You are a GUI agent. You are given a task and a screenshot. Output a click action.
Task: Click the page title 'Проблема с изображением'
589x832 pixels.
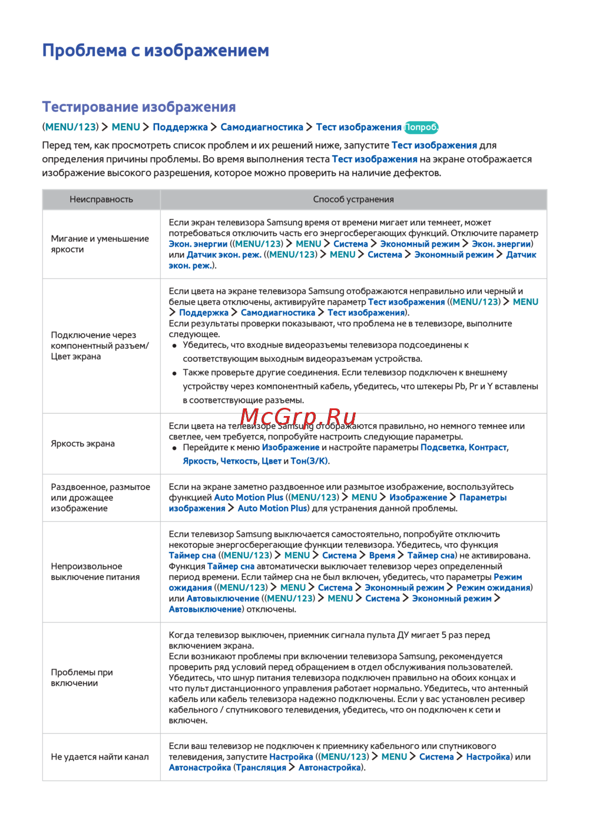(155, 51)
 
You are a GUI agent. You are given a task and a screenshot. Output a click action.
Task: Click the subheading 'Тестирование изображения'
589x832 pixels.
(139, 107)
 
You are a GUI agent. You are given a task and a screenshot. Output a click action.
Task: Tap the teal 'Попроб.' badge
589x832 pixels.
(422, 127)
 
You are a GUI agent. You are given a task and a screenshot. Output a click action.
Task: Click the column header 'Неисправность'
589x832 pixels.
(101, 199)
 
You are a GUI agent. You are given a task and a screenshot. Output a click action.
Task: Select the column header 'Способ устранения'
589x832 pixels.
(353, 199)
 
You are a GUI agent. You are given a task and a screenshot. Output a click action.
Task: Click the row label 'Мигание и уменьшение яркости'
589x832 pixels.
(100, 244)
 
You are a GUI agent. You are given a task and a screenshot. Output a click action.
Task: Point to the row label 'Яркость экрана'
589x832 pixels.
(82, 444)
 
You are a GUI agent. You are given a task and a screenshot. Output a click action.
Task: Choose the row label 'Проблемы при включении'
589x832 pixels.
(82, 678)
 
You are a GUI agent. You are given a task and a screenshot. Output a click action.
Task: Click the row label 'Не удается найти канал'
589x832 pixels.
(100, 757)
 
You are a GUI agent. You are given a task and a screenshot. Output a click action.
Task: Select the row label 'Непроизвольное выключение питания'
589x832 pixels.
(95, 572)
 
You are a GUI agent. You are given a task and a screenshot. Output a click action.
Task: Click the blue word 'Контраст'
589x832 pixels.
(487, 448)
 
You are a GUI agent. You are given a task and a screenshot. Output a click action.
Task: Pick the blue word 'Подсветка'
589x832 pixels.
(442, 448)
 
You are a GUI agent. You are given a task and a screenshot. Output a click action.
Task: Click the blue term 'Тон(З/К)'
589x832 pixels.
(309, 461)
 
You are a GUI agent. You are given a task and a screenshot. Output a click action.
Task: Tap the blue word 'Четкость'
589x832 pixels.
(239, 461)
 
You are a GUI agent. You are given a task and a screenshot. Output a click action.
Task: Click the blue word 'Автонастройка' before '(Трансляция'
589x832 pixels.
(200, 768)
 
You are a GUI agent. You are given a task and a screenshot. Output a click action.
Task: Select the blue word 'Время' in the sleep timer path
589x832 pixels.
(382, 555)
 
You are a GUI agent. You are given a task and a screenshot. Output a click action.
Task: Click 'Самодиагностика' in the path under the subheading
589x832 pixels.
(262, 127)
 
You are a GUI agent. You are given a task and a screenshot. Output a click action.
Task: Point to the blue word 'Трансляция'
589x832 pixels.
(261, 768)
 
